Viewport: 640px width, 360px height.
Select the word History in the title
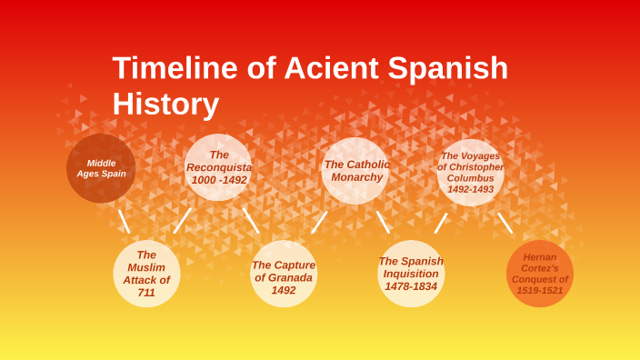165,104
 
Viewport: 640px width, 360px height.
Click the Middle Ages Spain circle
101,168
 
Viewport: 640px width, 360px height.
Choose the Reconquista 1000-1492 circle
218,167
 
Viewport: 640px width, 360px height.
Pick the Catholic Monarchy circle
355,170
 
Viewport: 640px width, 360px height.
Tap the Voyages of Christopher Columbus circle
470,172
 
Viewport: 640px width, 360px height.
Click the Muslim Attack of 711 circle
146,274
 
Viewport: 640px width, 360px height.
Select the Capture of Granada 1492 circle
284,275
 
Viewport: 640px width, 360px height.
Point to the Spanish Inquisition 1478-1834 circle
411,274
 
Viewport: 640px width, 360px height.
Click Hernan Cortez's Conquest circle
540,274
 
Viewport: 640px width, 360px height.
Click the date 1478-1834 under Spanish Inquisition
411,286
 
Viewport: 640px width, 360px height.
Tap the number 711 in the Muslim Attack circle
146,293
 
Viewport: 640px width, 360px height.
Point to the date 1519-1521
540,291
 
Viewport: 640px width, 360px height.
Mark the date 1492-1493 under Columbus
470,189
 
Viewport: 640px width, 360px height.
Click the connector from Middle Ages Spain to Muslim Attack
124,221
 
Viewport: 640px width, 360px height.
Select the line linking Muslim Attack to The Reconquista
183,220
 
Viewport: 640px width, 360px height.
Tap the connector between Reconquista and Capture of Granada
251,220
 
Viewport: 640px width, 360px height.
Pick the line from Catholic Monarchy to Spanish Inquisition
383,222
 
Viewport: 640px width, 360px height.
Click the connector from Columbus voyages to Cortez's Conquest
505,223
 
